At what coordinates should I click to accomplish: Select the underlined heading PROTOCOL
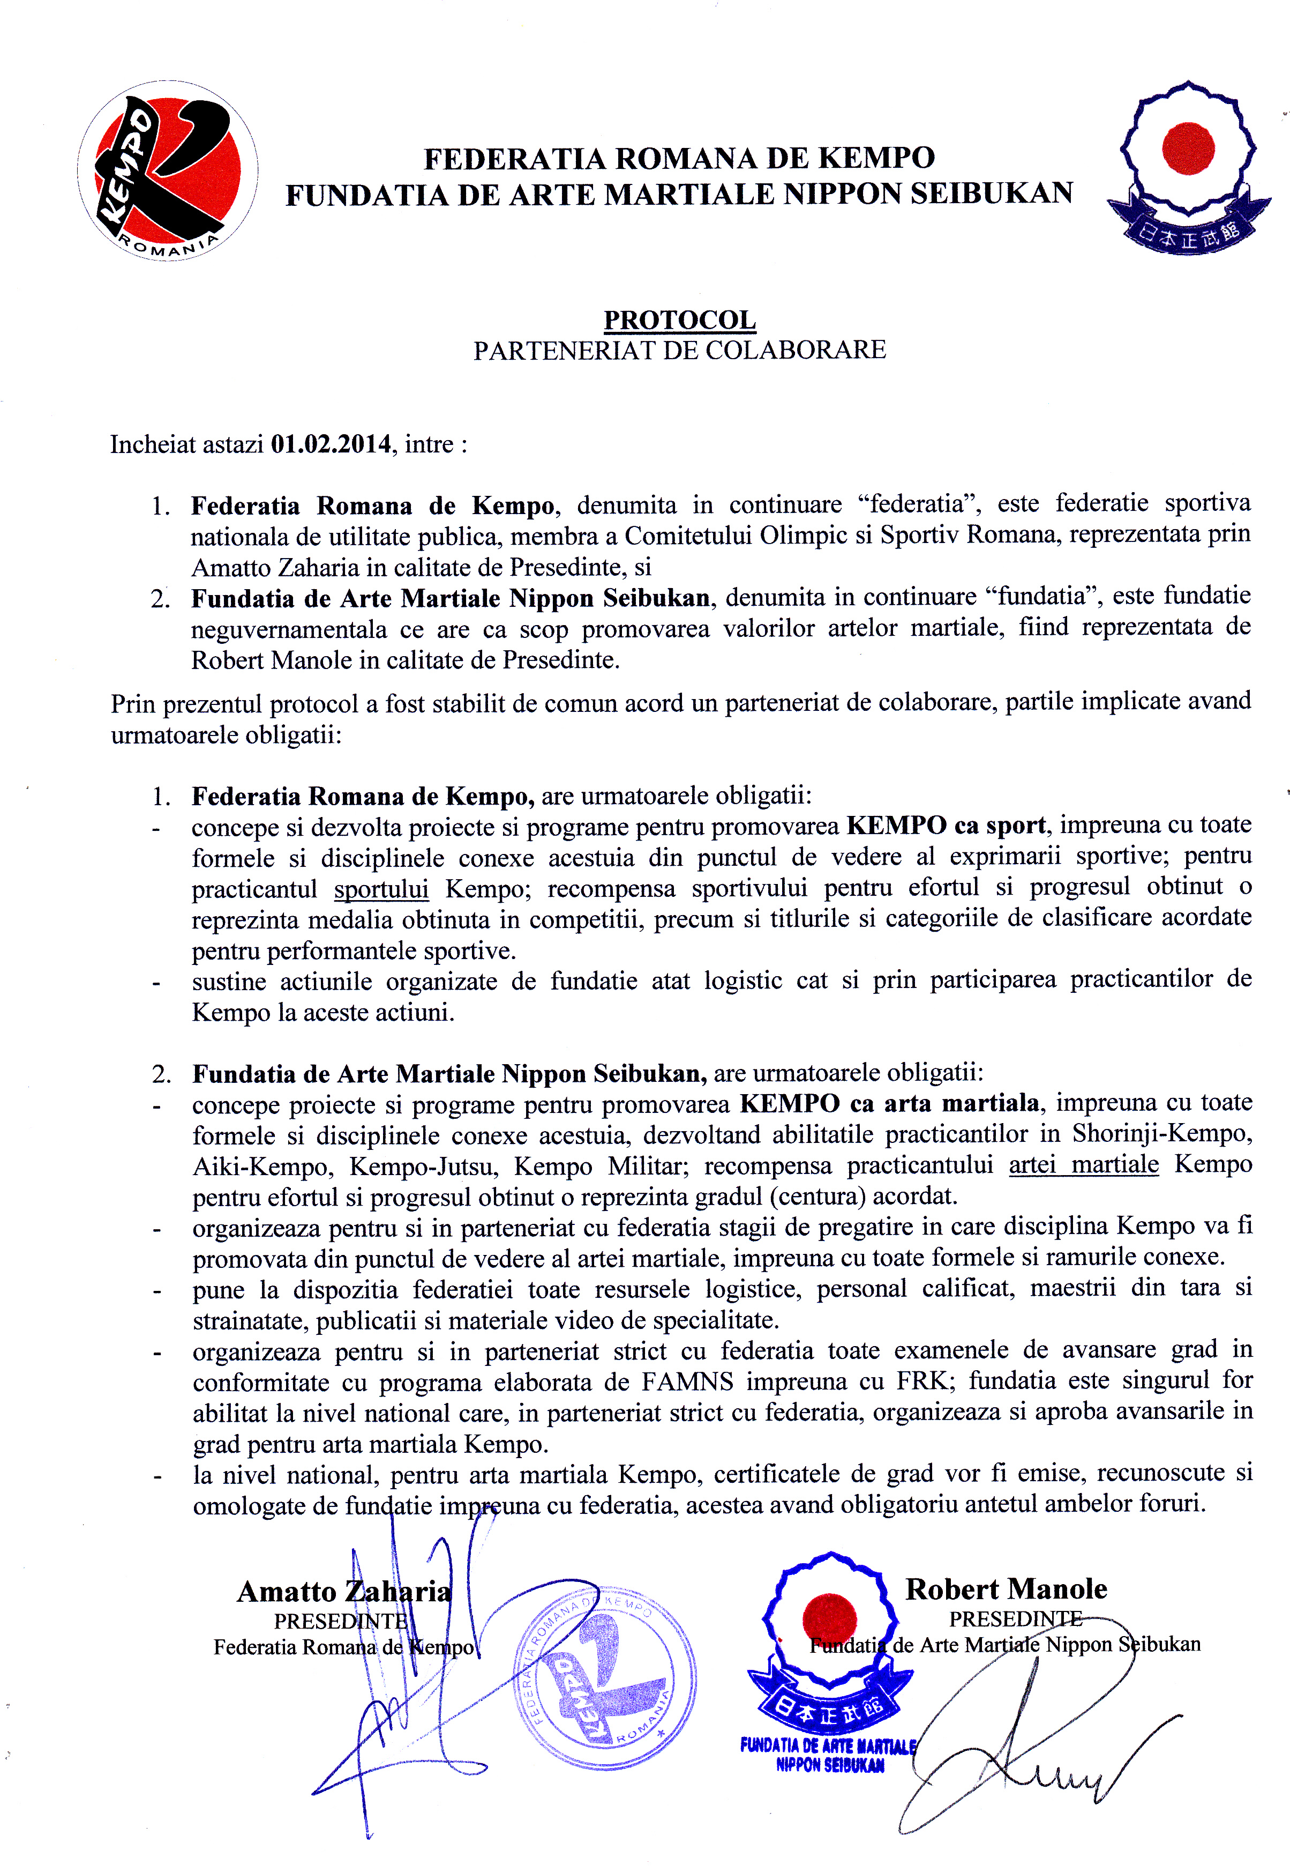pyautogui.click(x=680, y=320)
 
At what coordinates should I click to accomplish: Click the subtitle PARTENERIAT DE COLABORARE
pyautogui.click(x=680, y=350)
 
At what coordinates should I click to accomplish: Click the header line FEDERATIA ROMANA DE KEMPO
pyautogui.click(x=680, y=158)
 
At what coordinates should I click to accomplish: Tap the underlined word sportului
pyautogui.click(x=381, y=889)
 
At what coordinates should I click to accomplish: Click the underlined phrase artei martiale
pyautogui.click(x=1083, y=1164)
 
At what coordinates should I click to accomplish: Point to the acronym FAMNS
pyautogui.click(x=687, y=1380)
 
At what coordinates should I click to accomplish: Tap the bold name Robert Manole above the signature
pyautogui.click(x=1006, y=1589)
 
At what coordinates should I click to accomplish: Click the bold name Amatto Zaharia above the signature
pyautogui.click(x=343, y=1592)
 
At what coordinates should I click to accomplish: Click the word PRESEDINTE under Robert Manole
pyautogui.click(x=1015, y=1619)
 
